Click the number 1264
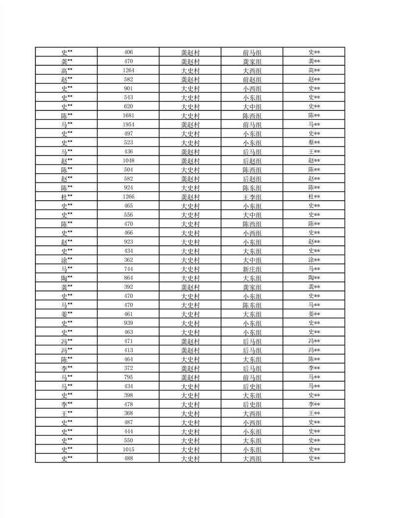click(x=128, y=70)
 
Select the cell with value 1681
click(x=128, y=115)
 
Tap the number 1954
click(x=128, y=125)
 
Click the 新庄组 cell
click(x=252, y=269)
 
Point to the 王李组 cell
click(x=252, y=197)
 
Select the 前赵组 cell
click(x=252, y=79)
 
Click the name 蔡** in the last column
click(x=314, y=143)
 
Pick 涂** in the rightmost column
click(x=314, y=260)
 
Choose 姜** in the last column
click(x=314, y=314)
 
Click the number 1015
click(x=128, y=449)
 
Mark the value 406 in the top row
click(x=128, y=52)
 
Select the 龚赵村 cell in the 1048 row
click(x=190, y=161)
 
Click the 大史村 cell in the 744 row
click(x=190, y=269)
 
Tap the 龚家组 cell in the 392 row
click(x=252, y=287)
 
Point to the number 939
click(x=128, y=323)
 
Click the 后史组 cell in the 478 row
click(x=252, y=404)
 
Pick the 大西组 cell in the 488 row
click(x=252, y=458)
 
